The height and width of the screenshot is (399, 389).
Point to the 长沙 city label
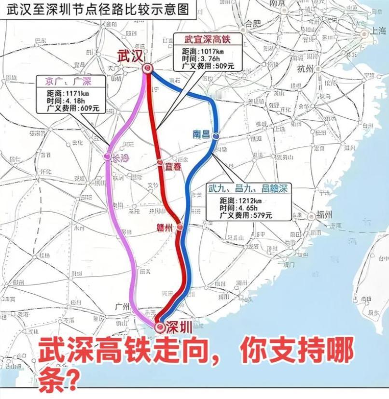click(120, 157)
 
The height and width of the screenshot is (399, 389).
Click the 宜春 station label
click(173, 166)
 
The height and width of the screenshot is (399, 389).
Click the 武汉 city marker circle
click(147, 69)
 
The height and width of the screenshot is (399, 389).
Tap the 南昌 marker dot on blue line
click(216, 137)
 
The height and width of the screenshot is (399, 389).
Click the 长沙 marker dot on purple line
click(107, 157)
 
